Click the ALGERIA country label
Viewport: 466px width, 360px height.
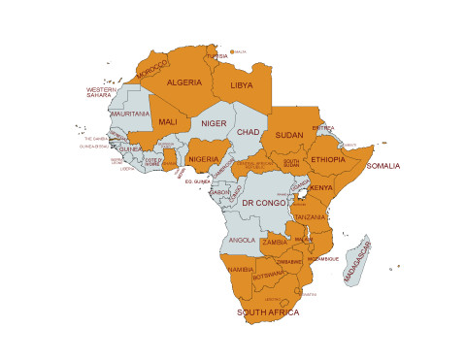tap(184, 83)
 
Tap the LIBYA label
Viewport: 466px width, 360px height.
tap(240, 85)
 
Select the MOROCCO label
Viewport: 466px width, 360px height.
tap(152, 70)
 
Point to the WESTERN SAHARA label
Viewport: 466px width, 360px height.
tap(101, 93)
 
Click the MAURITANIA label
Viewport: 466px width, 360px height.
tap(130, 115)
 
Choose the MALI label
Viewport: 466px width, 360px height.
tap(167, 122)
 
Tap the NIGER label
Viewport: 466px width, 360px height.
tap(213, 123)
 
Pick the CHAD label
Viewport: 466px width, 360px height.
tap(248, 131)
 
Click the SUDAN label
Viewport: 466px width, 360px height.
tap(289, 135)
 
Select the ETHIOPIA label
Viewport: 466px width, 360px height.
tap(327, 159)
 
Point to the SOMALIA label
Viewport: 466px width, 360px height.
tap(383, 166)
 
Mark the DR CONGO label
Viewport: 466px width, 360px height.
tap(263, 203)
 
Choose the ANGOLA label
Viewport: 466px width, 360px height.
tap(241, 240)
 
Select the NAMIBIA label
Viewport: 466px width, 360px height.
tap(240, 269)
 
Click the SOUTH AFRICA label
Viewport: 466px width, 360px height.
tap(269, 313)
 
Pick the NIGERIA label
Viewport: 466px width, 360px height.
tap(204, 158)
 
